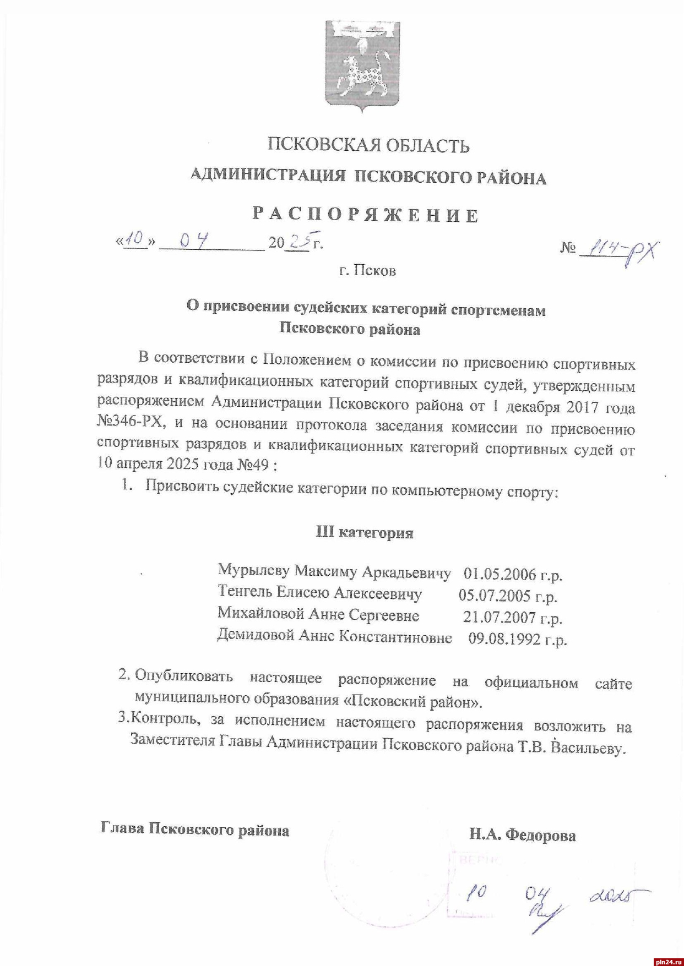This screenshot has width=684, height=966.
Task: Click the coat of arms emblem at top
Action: (x=362, y=66)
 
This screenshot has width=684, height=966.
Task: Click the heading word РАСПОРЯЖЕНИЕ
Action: (x=366, y=214)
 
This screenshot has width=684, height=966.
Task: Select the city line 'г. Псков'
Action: (x=367, y=270)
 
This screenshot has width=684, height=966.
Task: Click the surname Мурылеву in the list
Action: (x=253, y=570)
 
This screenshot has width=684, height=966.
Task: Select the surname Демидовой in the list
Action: (x=256, y=635)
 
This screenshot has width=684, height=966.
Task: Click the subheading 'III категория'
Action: (x=365, y=532)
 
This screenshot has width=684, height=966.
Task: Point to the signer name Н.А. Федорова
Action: (x=522, y=835)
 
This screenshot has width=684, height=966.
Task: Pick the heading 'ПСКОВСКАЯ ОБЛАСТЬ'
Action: (x=368, y=145)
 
